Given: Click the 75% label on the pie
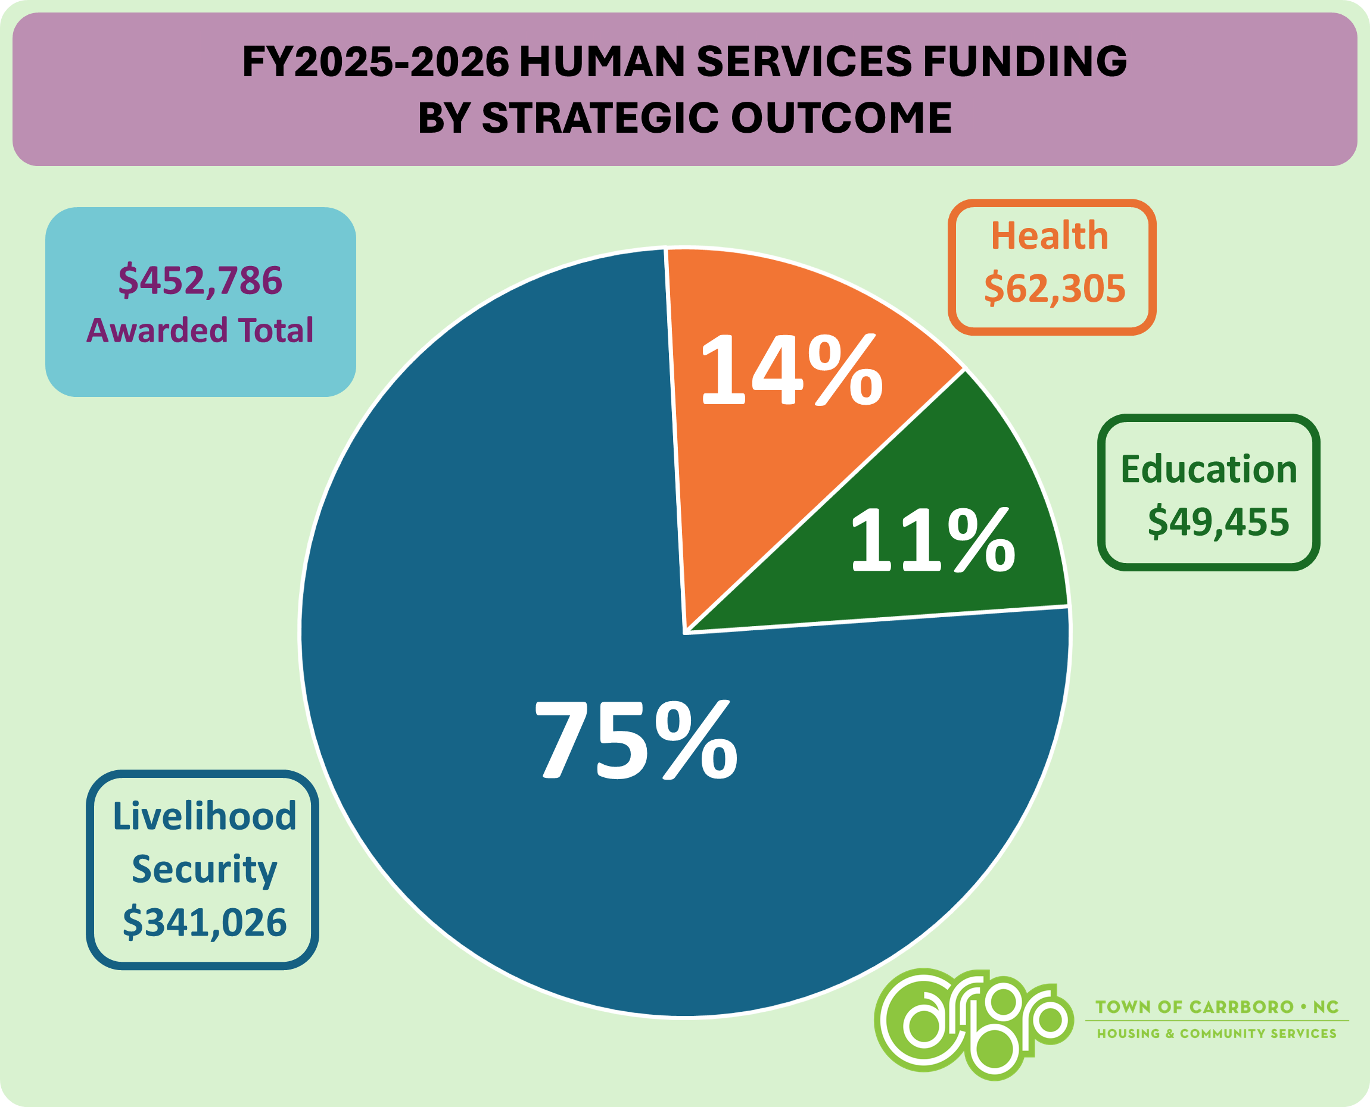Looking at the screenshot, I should point(636,739).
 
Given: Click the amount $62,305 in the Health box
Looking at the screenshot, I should point(1055,287).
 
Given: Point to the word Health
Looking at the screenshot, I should point(1050,235).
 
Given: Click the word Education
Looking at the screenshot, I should point(1209,470).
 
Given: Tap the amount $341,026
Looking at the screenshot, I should point(205,922).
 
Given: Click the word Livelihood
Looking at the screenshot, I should point(205,815).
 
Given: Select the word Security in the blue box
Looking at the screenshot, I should point(205,869).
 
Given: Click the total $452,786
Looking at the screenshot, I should point(200,280).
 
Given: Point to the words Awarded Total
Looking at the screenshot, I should point(200,330).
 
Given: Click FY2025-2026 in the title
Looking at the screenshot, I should point(375,62).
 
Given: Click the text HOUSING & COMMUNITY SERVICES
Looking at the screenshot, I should point(1216,1033).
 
